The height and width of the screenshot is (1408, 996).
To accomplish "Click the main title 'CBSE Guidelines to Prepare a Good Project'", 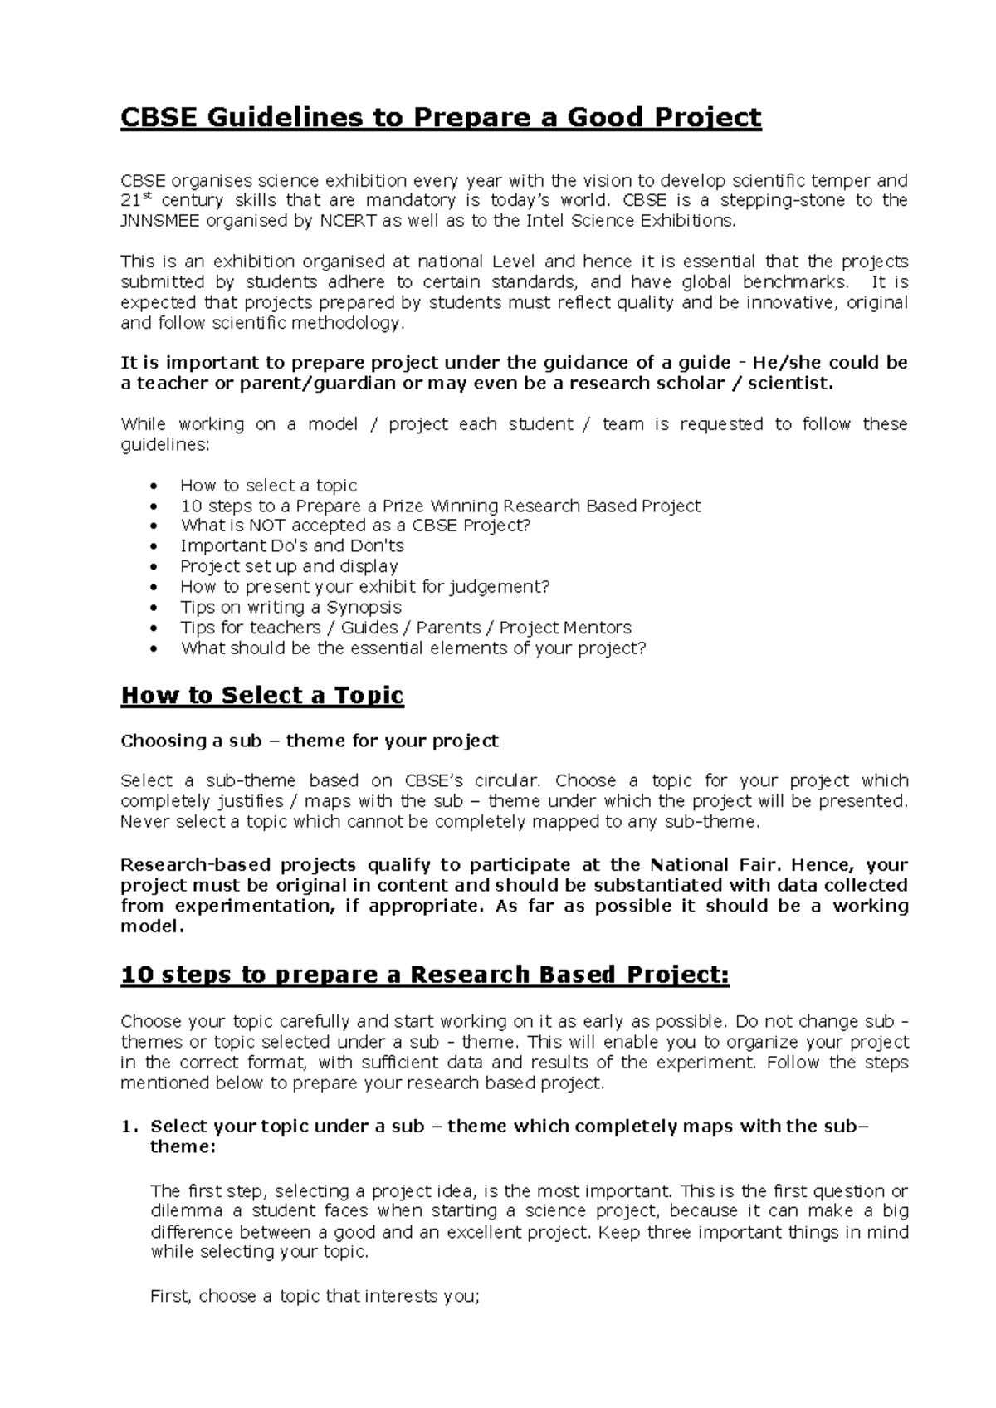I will pos(441,118).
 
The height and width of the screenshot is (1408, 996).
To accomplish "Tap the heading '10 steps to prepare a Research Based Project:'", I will pos(425,975).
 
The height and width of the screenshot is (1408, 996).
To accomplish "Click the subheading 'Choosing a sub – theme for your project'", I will pos(310,741).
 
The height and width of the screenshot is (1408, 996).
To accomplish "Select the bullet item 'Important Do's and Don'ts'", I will pos(292,546).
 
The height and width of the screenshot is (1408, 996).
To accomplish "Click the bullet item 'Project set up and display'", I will pos(289,567).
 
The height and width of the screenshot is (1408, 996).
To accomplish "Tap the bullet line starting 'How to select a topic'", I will pos(268,486).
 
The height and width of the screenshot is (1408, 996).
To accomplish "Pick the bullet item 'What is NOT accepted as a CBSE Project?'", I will pos(355,526).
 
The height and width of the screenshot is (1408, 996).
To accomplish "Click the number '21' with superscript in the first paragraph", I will pos(133,201).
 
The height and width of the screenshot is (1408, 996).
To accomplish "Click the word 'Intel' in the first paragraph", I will pos(544,221).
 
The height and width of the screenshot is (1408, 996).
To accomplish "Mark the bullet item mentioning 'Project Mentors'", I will pos(406,628).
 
